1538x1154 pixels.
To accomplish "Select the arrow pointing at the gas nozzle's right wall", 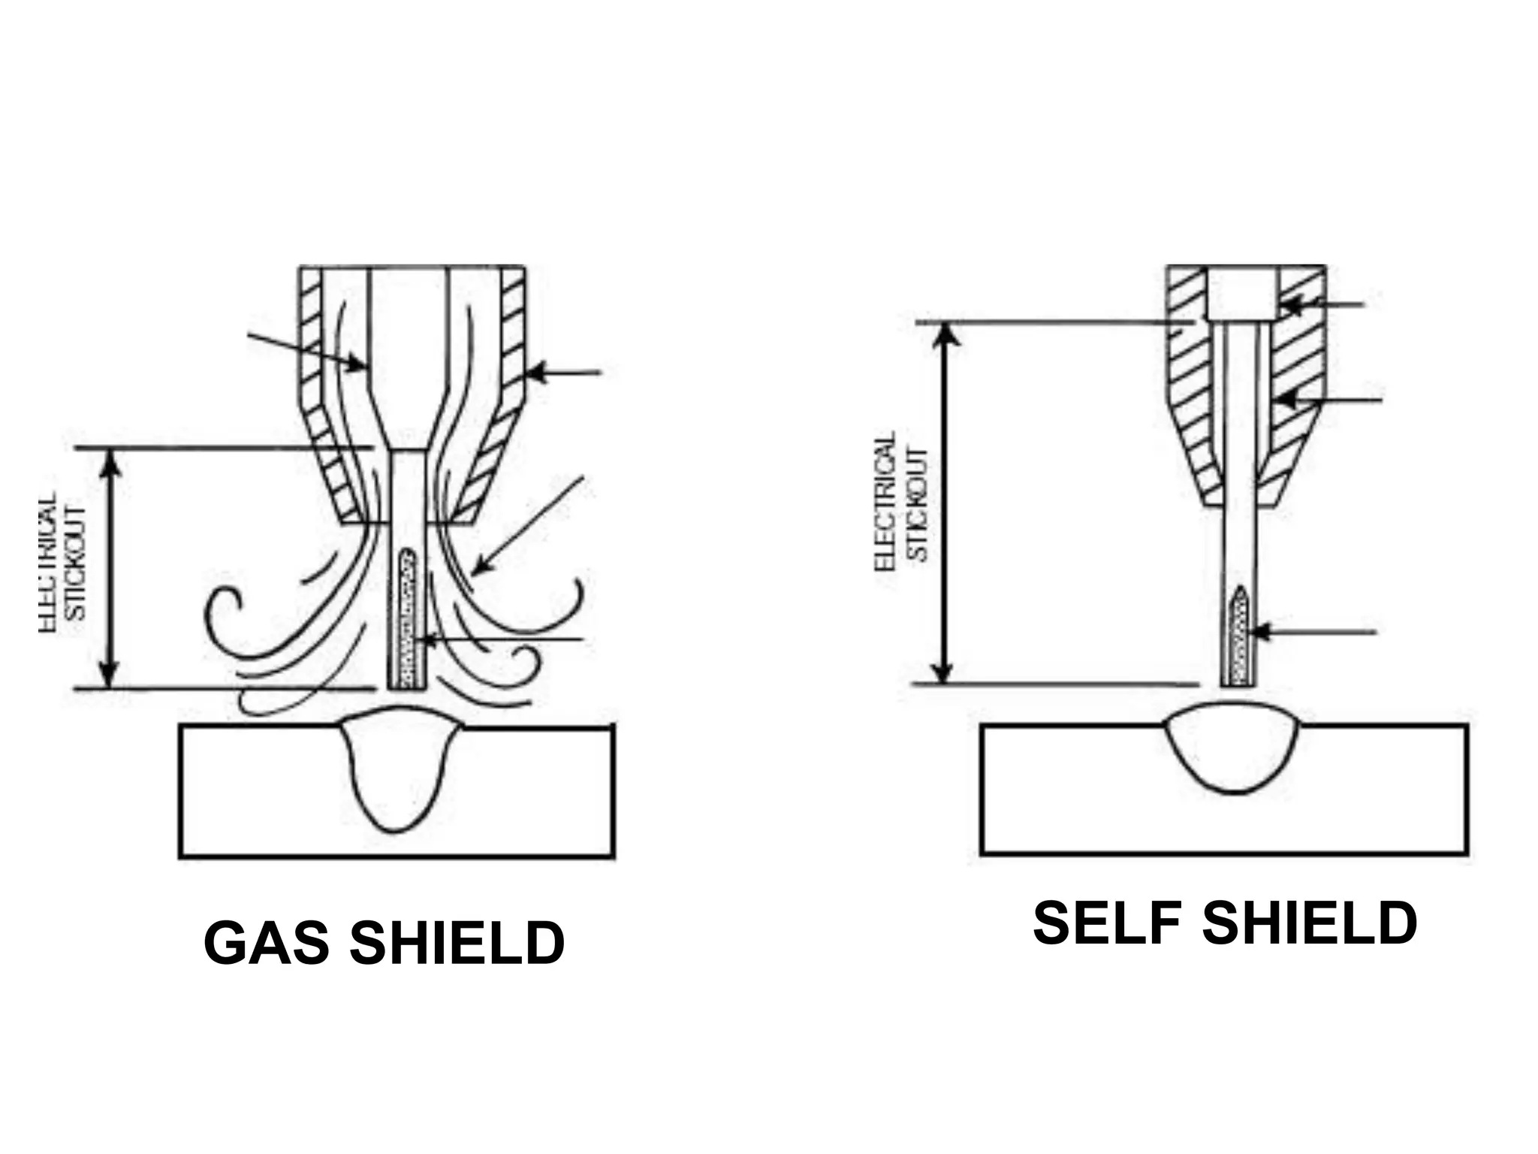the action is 563,372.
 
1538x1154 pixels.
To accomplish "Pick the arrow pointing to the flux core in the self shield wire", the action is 1313,633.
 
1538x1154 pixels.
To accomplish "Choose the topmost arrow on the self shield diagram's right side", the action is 1321,305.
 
